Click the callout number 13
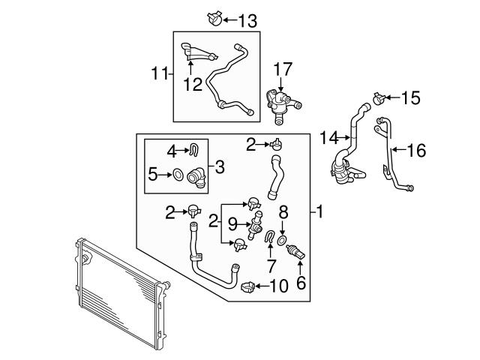click(x=247, y=19)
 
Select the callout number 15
click(x=412, y=97)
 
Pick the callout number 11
click(x=158, y=73)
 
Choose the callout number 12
click(x=193, y=85)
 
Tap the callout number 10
click(x=277, y=285)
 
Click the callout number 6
click(x=301, y=282)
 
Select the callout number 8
click(x=283, y=212)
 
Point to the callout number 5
click(x=154, y=175)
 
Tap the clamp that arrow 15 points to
click(x=379, y=97)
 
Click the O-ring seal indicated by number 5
click(x=178, y=175)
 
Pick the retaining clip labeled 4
click(x=193, y=150)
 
